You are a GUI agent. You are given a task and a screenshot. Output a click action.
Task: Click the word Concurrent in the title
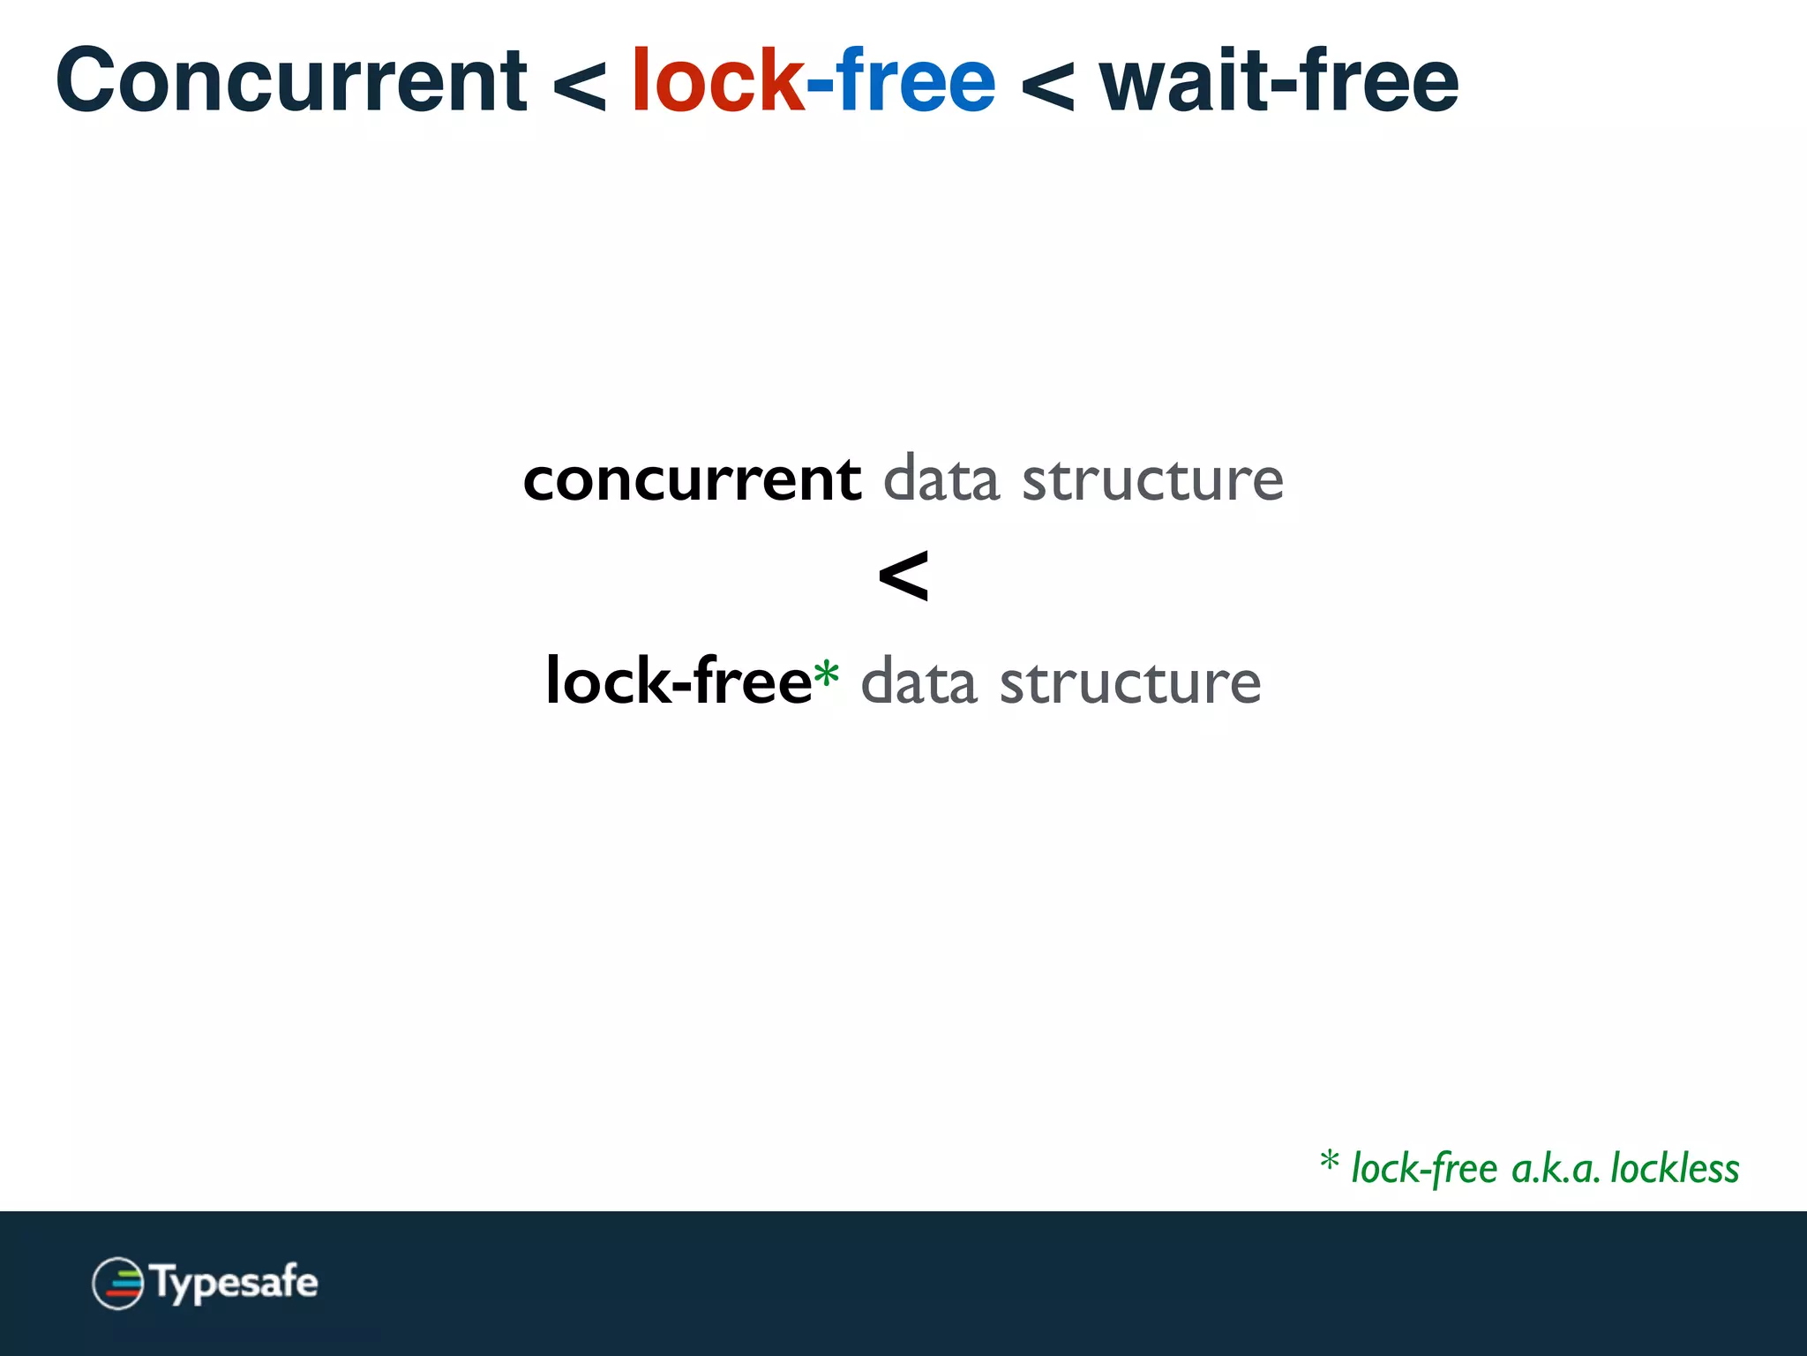[x=291, y=81]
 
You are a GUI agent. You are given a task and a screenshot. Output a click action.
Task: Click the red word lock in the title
[x=717, y=81]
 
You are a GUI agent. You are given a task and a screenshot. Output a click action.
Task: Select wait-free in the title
[x=1278, y=81]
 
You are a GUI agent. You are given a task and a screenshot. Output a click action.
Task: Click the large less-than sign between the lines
[x=903, y=576]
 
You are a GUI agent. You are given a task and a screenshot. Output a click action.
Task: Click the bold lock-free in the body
[x=678, y=681]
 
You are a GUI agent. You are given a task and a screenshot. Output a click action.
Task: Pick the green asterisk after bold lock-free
[x=826, y=674]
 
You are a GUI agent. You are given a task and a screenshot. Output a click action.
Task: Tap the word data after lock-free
[x=918, y=682]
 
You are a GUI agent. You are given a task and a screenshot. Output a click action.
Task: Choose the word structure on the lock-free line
[x=1130, y=682]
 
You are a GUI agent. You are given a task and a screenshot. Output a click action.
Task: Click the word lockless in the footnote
[x=1675, y=1169]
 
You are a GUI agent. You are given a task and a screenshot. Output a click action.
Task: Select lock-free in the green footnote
[x=1424, y=1169]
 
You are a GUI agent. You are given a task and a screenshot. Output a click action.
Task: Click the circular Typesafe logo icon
[x=117, y=1283]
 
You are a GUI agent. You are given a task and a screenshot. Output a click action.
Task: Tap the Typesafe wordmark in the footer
[x=235, y=1283]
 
